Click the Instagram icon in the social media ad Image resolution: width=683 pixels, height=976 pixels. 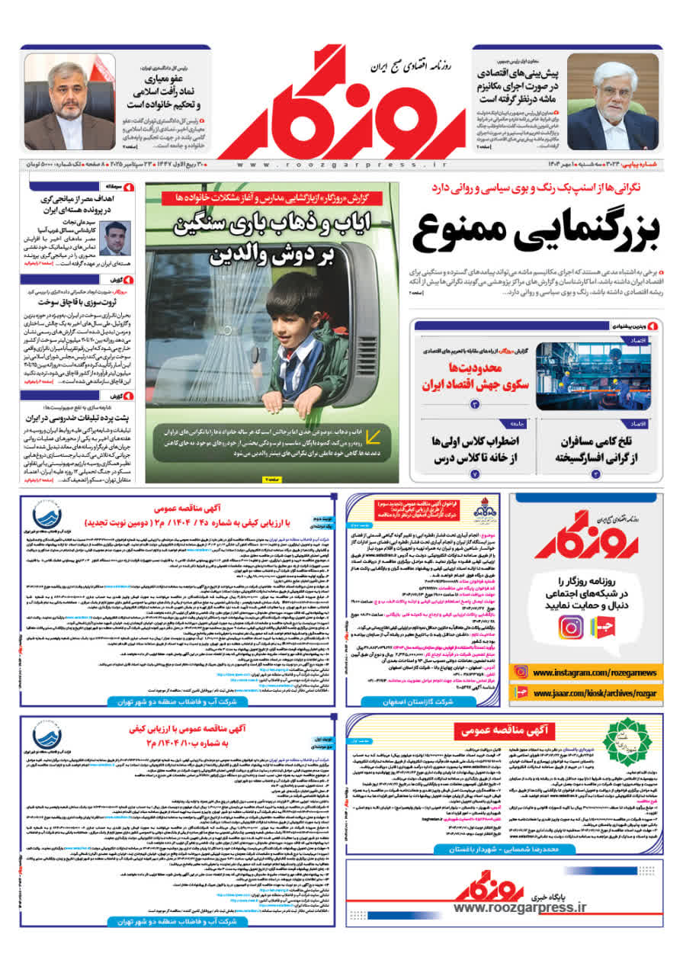pos(570,627)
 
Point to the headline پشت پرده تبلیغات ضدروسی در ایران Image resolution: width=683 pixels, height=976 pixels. pos(75,419)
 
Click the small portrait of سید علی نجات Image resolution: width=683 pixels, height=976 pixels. pos(116,239)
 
